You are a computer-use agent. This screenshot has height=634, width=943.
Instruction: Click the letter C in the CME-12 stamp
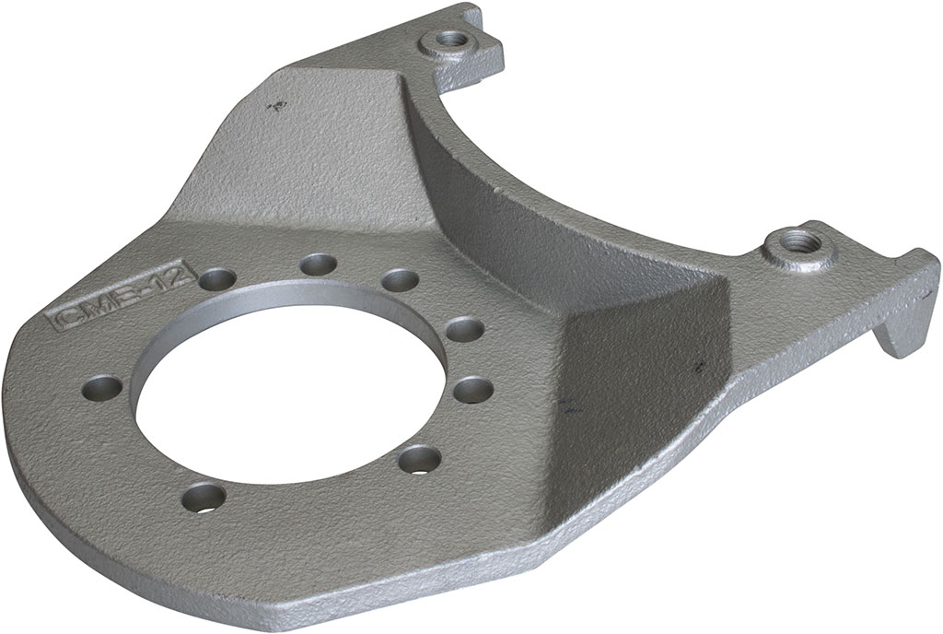(64, 319)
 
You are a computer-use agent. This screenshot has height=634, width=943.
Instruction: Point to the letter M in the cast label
(95, 308)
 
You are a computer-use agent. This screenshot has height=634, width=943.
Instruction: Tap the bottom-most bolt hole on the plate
(204, 499)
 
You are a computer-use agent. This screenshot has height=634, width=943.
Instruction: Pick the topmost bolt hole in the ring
(317, 264)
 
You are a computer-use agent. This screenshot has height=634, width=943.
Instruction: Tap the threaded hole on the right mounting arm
(792, 247)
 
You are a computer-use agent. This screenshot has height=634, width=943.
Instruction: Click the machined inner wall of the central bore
(276, 303)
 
